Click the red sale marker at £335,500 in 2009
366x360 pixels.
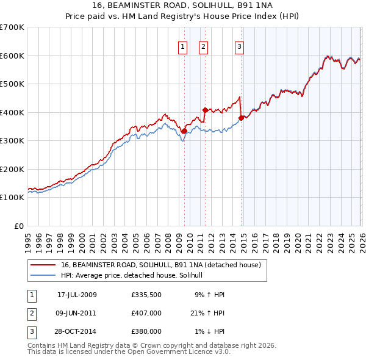184,130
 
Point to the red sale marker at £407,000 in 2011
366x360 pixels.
205,110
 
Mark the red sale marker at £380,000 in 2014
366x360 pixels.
241,118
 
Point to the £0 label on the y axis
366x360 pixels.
20,226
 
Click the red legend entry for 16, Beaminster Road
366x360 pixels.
161,265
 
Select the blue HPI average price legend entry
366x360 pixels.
135,276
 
